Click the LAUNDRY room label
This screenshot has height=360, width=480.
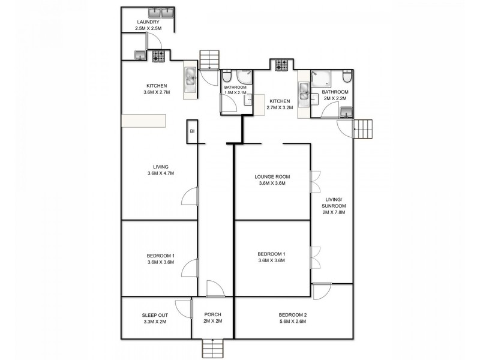coord(147,23)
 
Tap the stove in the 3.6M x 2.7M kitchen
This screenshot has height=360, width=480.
coord(158,56)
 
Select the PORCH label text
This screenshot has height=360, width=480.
coord(212,314)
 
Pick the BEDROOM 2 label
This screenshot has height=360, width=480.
coord(293,315)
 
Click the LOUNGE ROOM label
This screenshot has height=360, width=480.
coord(272,176)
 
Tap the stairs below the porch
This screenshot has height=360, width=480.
coord(212,347)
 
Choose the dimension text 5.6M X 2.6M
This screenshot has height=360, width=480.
coord(293,322)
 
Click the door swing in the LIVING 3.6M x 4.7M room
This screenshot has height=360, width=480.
coord(189,196)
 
